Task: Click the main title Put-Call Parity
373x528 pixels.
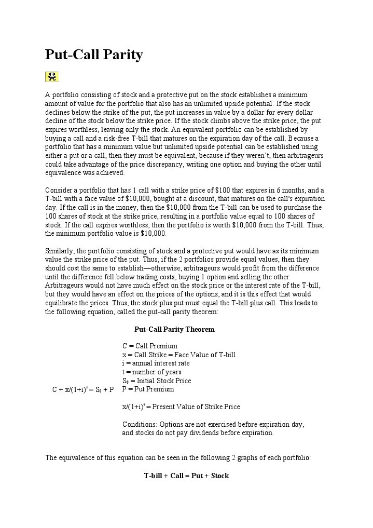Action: pos(94,55)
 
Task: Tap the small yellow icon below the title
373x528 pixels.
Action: pos(52,77)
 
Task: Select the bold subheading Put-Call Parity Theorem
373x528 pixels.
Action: pos(174,329)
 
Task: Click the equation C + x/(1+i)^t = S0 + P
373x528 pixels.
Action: pos(83,389)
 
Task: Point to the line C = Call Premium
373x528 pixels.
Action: pos(150,346)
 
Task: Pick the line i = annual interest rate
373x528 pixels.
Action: pos(156,363)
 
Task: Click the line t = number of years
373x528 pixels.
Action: pos(151,372)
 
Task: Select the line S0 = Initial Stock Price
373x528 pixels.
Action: pos(157,381)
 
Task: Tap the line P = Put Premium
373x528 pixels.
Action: pos(148,389)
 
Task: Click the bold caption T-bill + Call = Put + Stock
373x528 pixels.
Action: pos(186,476)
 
